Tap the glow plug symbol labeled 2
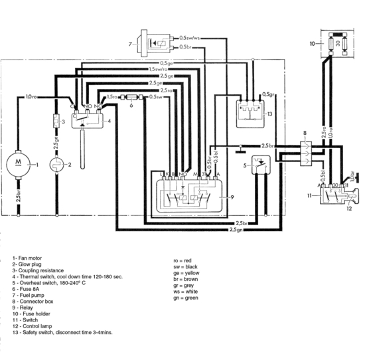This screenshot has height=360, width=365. (x=56, y=164)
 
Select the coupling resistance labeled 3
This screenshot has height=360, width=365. (x=56, y=122)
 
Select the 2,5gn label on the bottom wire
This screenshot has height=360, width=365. (x=235, y=230)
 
